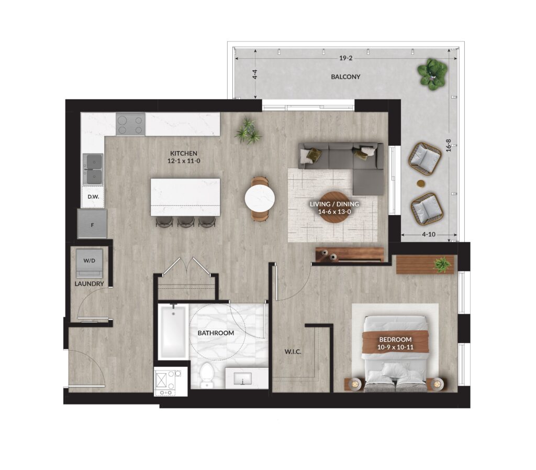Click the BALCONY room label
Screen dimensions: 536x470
click(x=345, y=77)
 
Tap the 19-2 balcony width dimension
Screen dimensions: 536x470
click(x=345, y=58)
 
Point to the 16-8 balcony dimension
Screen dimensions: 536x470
click(x=449, y=145)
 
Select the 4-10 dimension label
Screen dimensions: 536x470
click(x=429, y=235)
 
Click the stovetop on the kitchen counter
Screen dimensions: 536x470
click(x=130, y=124)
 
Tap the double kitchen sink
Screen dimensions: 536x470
click(x=93, y=169)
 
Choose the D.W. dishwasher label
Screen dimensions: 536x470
click(x=93, y=196)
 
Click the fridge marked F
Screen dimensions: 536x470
click(x=92, y=224)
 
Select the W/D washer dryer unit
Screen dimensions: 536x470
click(x=90, y=263)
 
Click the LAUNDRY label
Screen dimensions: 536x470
click(x=89, y=284)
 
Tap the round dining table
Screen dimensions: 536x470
click(x=260, y=200)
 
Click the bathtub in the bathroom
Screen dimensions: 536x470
click(x=173, y=332)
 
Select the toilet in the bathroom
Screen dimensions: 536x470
click(x=206, y=375)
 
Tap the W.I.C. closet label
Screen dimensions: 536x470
click(x=293, y=352)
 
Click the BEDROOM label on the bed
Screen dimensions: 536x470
click(x=396, y=340)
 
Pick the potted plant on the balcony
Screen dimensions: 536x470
click(x=432, y=74)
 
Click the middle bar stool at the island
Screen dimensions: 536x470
click(x=186, y=222)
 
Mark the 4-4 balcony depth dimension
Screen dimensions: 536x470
click(x=255, y=74)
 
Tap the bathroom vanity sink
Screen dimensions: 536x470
click(x=243, y=379)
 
